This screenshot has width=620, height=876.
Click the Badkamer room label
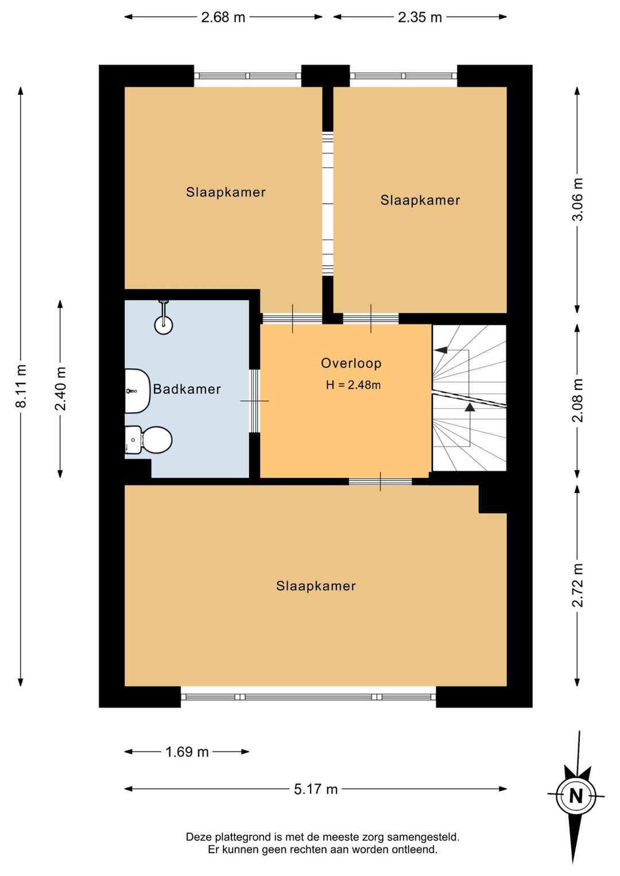click(187, 389)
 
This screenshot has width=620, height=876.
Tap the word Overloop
click(351, 363)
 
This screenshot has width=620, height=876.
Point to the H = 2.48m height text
click(353, 385)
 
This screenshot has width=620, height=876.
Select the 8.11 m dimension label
click(20, 386)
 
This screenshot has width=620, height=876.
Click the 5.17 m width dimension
click(316, 789)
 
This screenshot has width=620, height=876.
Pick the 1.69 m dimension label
click(187, 751)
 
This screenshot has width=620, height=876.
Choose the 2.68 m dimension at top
click(223, 17)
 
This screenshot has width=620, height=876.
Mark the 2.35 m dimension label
click(420, 17)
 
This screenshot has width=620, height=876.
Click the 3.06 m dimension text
click(578, 199)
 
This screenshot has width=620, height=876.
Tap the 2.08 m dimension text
click(578, 400)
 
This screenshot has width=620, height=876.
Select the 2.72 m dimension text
click(578, 585)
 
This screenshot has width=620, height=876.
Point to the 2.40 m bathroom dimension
click(60, 389)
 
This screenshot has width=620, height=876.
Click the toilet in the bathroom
click(148, 440)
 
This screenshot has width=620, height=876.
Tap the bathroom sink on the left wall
click(137, 391)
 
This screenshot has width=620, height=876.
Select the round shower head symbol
click(164, 324)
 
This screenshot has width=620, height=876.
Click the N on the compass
click(576, 796)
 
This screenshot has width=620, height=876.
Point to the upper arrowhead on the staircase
click(441, 350)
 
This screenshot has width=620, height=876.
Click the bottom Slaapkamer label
click(316, 586)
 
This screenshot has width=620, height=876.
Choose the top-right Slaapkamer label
click(420, 200)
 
